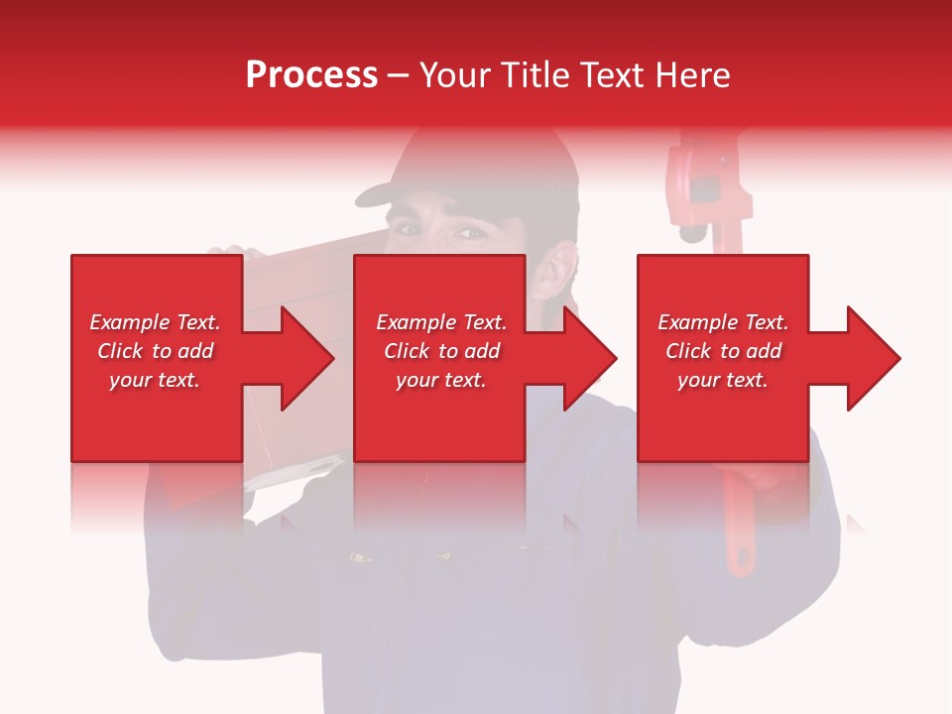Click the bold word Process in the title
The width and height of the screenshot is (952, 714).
coord(311,75)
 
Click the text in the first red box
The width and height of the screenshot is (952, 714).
coord(155,351)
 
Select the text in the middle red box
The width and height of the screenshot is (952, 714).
coord(440,351)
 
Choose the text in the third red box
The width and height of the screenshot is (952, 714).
coord(722,351)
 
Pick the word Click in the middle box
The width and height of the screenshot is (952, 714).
coord(406,351)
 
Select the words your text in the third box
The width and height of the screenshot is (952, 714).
coord(722,380)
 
